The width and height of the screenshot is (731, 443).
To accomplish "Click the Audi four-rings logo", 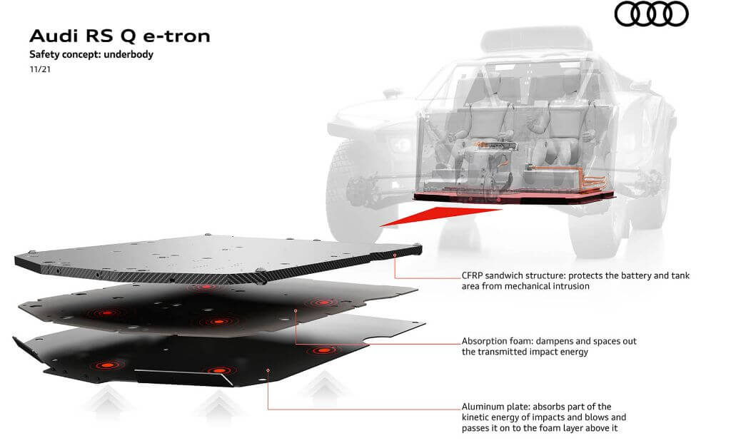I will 651,14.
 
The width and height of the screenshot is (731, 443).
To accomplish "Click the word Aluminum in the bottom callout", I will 483,407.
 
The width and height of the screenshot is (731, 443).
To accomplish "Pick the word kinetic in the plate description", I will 476,417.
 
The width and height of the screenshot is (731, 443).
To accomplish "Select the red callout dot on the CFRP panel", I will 394,254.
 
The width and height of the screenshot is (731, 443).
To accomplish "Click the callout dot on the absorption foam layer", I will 296,311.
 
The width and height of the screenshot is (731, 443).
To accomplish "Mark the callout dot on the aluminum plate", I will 268,370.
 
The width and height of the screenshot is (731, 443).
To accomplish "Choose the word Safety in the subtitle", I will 42,54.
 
